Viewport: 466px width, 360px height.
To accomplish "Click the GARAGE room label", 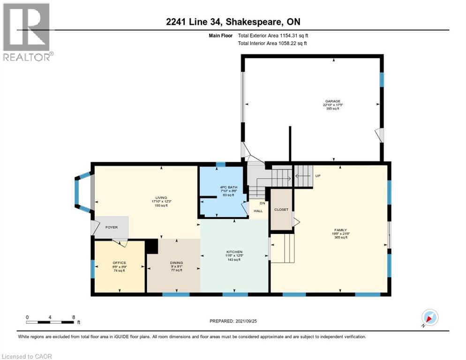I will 333,101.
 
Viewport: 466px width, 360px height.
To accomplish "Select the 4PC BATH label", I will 227,187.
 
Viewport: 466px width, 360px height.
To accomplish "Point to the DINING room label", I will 176,262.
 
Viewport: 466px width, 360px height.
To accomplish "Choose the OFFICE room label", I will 119,262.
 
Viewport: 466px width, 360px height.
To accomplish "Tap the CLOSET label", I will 281,210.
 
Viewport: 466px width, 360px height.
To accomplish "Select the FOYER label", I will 111,227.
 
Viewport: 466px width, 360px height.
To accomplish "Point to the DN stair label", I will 262,203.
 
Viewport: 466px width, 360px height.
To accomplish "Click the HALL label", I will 258,211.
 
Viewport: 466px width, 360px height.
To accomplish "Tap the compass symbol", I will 429,318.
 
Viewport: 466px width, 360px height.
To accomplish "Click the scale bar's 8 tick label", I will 74,317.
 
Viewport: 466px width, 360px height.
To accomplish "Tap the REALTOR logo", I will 27,31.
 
